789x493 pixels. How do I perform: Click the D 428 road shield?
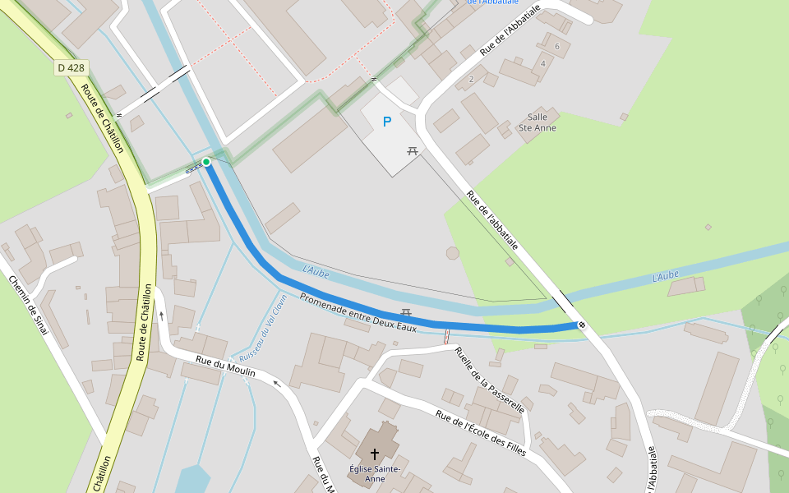72,67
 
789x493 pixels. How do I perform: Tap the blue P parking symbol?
387,122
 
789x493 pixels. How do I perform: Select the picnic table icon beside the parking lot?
413,150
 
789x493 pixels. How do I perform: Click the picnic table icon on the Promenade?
405,313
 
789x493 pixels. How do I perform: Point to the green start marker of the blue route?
206,162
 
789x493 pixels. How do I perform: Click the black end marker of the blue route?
582,325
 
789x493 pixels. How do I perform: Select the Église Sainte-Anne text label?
374,473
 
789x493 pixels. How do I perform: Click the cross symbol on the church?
375,454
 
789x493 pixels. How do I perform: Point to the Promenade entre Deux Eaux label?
358,312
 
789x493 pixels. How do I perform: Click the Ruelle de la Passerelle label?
490,379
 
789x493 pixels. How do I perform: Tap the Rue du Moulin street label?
225,366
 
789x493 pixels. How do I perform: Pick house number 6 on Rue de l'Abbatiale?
557,46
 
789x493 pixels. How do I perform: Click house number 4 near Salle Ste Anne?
543,63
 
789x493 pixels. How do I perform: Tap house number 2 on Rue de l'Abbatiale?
471,79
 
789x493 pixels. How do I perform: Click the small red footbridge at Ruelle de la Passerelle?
446,336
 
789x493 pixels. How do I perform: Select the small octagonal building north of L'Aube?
453,253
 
